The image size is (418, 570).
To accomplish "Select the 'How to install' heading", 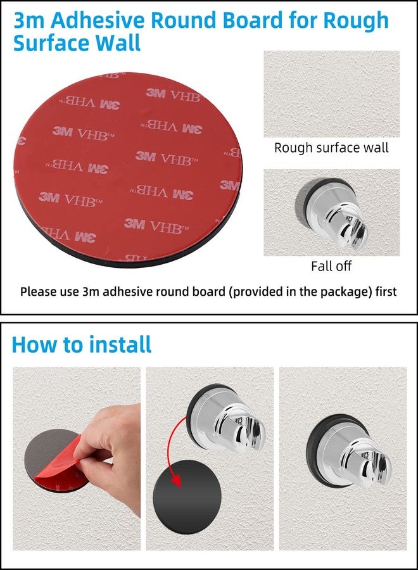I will coord(82,345).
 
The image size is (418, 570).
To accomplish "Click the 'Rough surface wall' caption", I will coord(331,148).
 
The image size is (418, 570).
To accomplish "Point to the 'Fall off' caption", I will coord(331,266).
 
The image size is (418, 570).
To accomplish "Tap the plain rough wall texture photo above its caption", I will coord(331,94).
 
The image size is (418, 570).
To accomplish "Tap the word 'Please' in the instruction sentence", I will coord(35,292).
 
